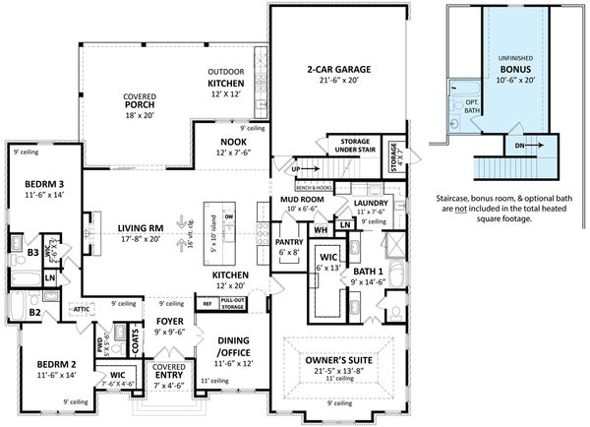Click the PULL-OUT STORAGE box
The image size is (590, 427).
coord(232,304)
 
